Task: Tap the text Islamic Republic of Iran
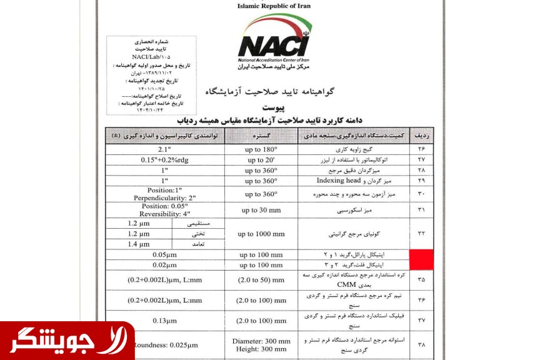(x=274, y=6)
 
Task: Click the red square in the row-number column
(x=421, y=259)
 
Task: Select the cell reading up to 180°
(x=261, y=149)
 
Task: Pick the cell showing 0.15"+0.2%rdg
(x=164, y=159)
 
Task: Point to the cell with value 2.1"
(x=164, y=149)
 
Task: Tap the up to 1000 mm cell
(x=261, y=234)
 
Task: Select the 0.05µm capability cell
(x=164, y=255)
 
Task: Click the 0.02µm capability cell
(x=164, y=265)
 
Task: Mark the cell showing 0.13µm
(x=164, y=321)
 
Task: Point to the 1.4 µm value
(x=139, y=244)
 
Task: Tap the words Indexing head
(x=339, y=180)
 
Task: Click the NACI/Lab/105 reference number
(x=151, y=56)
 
